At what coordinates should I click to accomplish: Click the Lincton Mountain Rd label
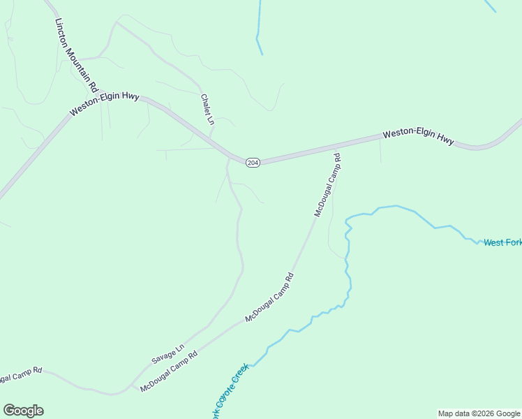click(x=75, y=55)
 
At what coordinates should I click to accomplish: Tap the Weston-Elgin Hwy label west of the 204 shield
click(x=104, y=104)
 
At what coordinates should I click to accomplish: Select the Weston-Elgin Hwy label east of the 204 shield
click(x=418, y=135)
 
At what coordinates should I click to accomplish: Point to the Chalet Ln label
click(x=207, y=110)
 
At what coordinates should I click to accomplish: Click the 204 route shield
click(x=253, y=162)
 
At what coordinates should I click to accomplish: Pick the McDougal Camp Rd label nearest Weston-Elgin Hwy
click(x=327, y=185)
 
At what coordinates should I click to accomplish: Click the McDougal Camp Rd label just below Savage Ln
click(x=169, y=371)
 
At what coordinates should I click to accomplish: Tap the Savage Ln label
click(x=167, y=354)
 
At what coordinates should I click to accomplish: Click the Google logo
click(x=23, y=411)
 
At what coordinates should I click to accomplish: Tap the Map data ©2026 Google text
click(x=479, y=413)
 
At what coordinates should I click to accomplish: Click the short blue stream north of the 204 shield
click(x=259, y=28)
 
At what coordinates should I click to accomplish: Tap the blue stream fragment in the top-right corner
click(x=490, y=6)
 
